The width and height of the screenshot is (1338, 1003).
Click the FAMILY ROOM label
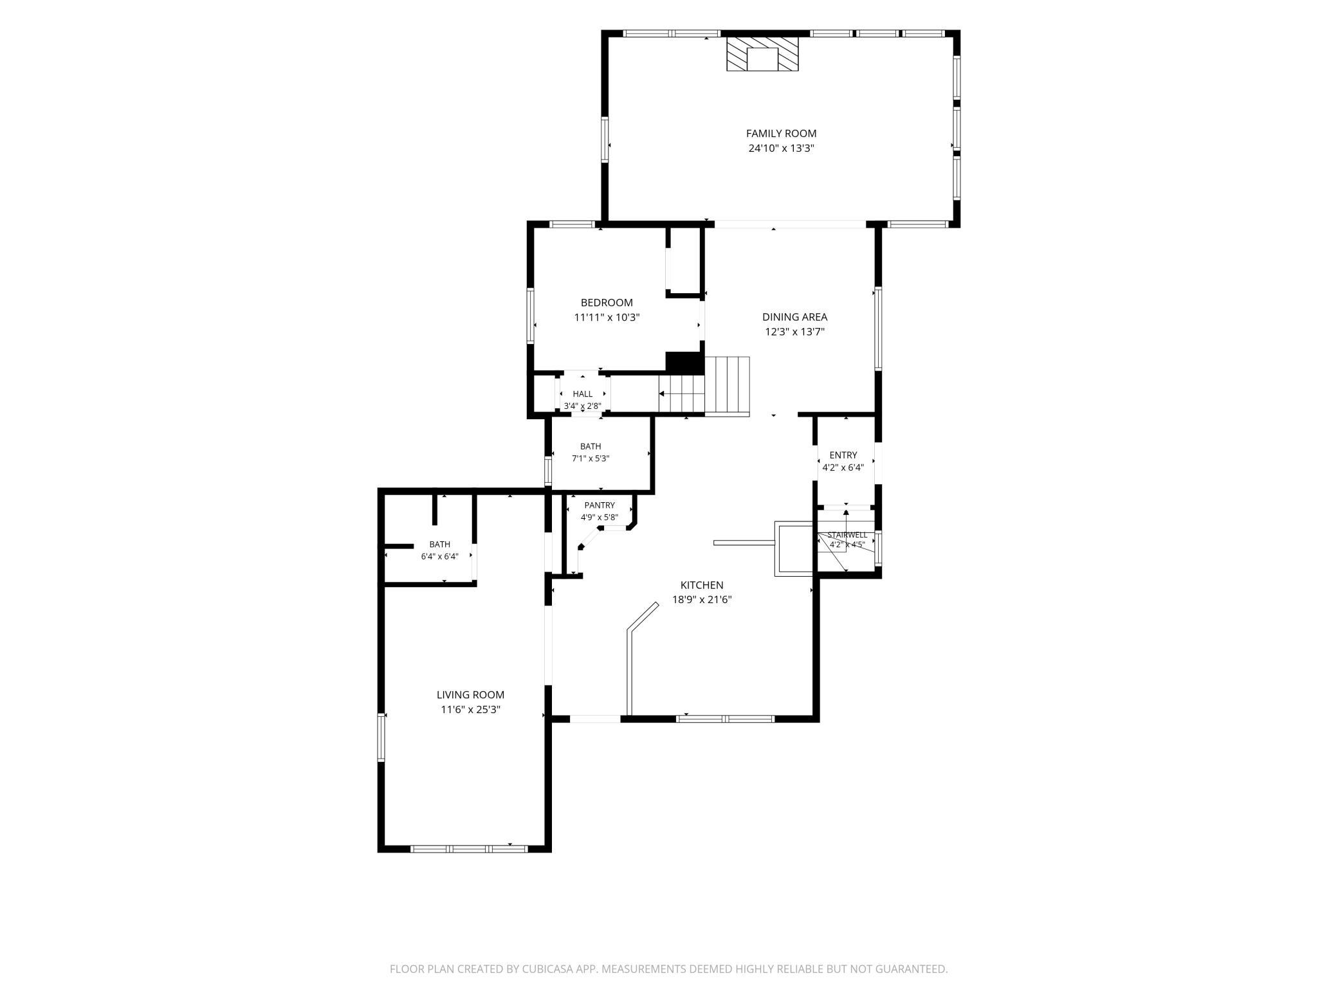(x=781, y=134)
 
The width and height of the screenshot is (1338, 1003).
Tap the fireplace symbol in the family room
(x=762, y=54)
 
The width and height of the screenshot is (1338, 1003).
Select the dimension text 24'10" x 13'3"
(x=781, y=149)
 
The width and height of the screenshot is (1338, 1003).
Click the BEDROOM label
(x=607, y=303)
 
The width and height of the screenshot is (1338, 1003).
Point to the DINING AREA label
(x=794, y=317)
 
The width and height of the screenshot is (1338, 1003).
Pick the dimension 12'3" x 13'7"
(x=794, y=332)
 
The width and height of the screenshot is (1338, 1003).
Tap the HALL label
(x=583, y=394)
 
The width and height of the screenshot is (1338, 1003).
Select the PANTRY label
(x=600, y=505)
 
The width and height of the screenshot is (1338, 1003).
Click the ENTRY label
(x=843, y=455)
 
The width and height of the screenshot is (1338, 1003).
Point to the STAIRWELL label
(x=847, y=535)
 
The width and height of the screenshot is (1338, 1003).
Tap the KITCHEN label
(x=702, y=585)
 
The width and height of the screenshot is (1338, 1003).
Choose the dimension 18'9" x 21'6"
(x=702, y=600)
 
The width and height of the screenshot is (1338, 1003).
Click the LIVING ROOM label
(x=470, y=695)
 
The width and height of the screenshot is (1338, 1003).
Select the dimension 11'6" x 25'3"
(x=470, y=710)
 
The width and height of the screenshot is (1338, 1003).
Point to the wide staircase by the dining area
(x=728, y=386)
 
